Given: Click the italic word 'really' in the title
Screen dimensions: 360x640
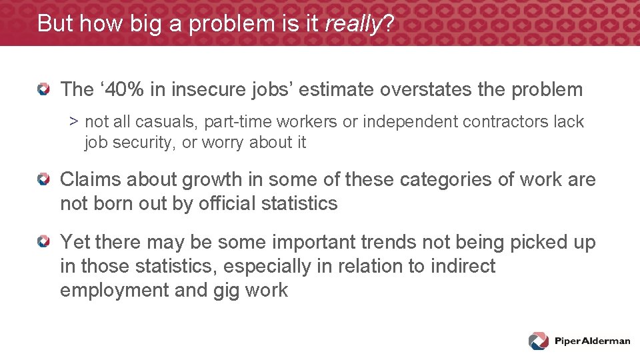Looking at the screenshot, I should (x=351, y=23).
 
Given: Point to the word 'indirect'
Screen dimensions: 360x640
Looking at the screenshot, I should (x=462, y=267).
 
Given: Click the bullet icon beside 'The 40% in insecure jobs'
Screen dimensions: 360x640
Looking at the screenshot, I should (x=43, y=89).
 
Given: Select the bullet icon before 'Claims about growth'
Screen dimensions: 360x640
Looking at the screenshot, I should (x=43, y=179).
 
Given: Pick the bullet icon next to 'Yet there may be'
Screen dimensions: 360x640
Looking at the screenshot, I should (x=43, y=242).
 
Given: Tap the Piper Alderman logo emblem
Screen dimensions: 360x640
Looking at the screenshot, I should (x=539, y=341).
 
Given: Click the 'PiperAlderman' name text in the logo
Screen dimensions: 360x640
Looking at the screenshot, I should (x=592, y=341).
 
